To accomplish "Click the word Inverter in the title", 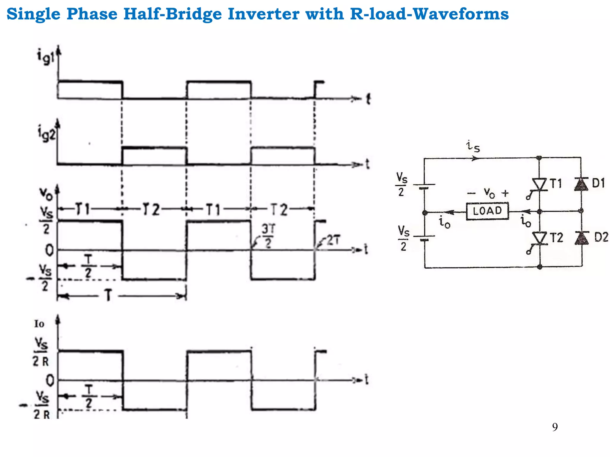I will coord(263,14).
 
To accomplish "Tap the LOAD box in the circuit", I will coord(487,211).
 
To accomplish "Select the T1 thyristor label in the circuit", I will coord(555,184).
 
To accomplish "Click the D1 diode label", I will coord(598,183).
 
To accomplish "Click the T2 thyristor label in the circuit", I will coord(556,238).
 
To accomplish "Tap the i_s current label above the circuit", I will coord(473,146).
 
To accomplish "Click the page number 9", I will coord(555,427).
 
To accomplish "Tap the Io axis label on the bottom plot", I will coord(39,324).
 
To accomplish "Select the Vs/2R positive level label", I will coord(41,352).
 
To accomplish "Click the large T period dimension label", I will coord(108,296).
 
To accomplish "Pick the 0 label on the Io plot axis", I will coord(50,380).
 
